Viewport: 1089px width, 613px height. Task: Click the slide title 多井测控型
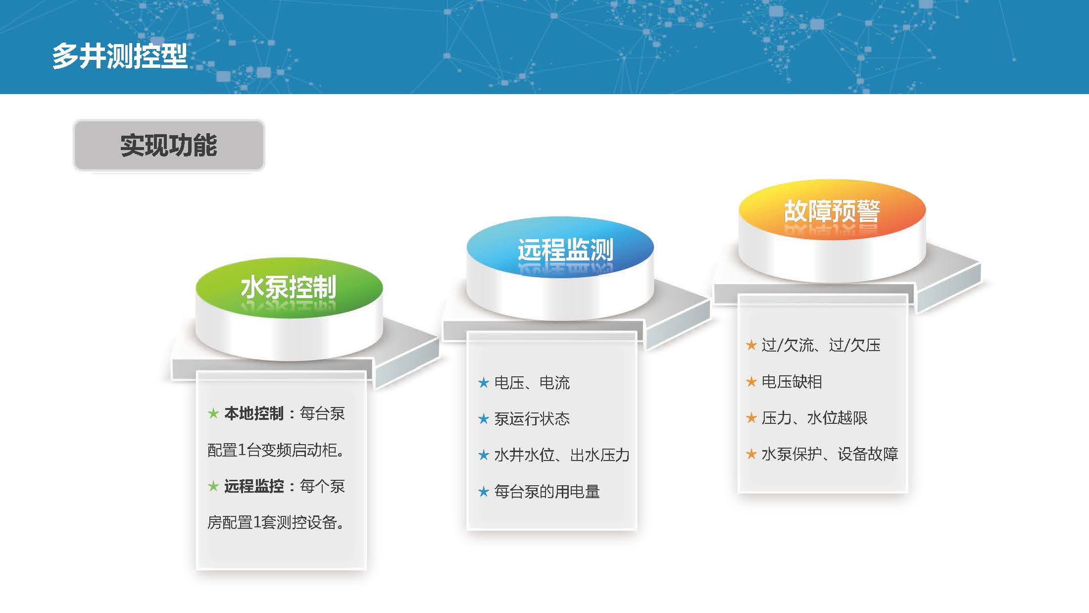click(x=120, y=55)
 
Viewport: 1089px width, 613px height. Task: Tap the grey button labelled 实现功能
click(x=169, y=146)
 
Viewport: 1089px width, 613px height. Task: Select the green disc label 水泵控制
click(x=289, y=287)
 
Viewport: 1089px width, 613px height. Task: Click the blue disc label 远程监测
click(x=565, y=250)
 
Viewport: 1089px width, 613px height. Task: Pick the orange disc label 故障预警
click(x=832, y=211)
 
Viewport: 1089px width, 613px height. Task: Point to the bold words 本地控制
click(x=254, y=413)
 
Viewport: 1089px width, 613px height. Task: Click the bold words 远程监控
click(x=254, y=486)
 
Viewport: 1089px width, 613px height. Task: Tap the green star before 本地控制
click(x=213, y=413)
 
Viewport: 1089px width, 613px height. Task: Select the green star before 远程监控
click(x=213, y=486)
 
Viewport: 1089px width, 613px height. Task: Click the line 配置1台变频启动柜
click(x=276, y=450)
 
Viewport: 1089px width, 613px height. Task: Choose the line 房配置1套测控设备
click(x=276, y=522)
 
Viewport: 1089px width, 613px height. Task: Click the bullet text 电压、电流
click(x=532, y=383)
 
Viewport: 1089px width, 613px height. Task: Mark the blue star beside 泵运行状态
click(x=484, y=419)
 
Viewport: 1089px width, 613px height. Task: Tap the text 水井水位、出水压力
click(x=562, y=455)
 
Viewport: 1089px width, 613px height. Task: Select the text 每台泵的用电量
click(x=547, y=492)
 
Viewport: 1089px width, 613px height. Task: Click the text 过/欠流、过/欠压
click(x=821, y=345)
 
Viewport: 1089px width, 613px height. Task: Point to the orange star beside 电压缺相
click(x=751, y=382)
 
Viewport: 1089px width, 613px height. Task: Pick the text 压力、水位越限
click(x=815, y=418)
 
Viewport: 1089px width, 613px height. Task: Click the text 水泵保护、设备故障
click(x=830, y=454)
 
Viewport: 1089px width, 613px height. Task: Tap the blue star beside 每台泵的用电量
click(x=484, y=492)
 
